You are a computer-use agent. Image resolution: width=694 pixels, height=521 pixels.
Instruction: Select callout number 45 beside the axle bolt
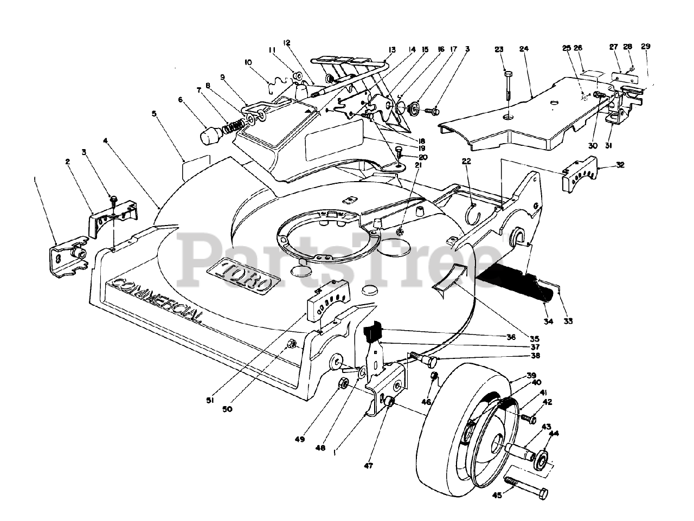[497, 494]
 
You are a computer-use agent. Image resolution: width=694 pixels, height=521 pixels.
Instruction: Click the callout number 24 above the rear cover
[523, 49]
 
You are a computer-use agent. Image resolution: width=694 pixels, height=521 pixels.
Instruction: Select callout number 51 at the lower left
[210, 400]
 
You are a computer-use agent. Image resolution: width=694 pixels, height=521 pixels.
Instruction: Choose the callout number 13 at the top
[392, 49]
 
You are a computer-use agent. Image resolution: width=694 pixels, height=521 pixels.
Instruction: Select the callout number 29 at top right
[645, 46]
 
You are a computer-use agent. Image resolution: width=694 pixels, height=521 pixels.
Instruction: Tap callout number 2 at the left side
[68, 161]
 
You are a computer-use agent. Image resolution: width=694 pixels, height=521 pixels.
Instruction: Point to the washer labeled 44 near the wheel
[541, 459]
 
